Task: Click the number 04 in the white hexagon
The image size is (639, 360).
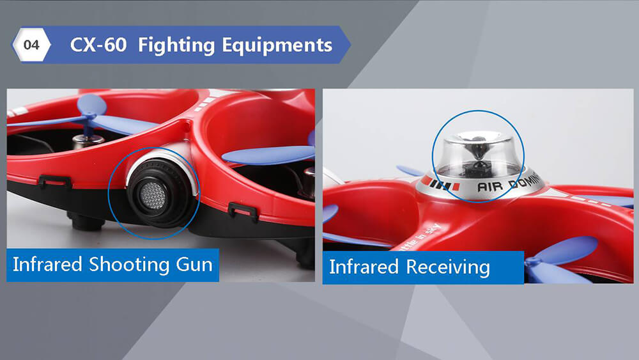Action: point(31,45)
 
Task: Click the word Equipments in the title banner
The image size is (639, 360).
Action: point(277,45)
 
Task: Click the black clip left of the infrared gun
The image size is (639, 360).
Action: point(55,181)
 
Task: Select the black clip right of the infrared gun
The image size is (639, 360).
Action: point(243,209)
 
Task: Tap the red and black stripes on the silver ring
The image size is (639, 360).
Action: point(445,185)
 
